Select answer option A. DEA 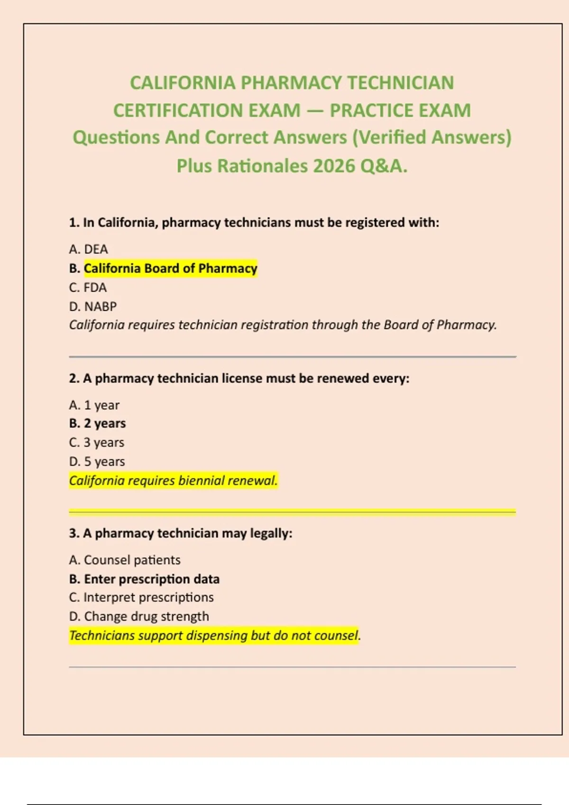point(89,249)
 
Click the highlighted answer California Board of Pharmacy point(170,268)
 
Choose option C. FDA point(88,287)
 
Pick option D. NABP point(93,306)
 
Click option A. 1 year point(94,405)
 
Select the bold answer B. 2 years point(98,423)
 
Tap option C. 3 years point(97,442)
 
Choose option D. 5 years point(97,461)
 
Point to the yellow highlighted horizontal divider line point(292,511)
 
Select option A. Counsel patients point(125,560)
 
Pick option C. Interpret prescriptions point(141,598)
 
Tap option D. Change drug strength point(139,617)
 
